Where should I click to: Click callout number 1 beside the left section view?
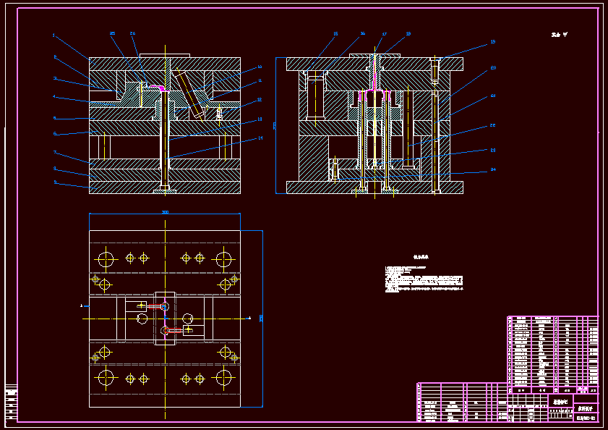(x=53, y=35)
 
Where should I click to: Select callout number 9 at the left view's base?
(x=55, y=182)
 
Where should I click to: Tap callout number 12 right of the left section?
(x=260, y=100)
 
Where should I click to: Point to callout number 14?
(x=260, y=138)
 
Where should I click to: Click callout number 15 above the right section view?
(x=335, y=34)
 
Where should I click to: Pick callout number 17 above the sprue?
(x=385, y=34)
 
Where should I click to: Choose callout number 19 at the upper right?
(x=493, y=42)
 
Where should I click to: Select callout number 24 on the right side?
(x=493, y=170)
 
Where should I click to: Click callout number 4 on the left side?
(x=54, y=96)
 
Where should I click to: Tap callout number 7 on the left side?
(x=54, y=152)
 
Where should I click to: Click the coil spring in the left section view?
(x=220, y=111)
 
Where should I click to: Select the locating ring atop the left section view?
(x=164, y=55)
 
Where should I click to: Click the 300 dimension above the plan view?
(x=165, y=212)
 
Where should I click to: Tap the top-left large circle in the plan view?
(x=106, y=258)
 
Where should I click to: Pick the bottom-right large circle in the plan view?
(x=223, y=377)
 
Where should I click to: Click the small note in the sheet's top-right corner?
(x=559, y=34)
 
